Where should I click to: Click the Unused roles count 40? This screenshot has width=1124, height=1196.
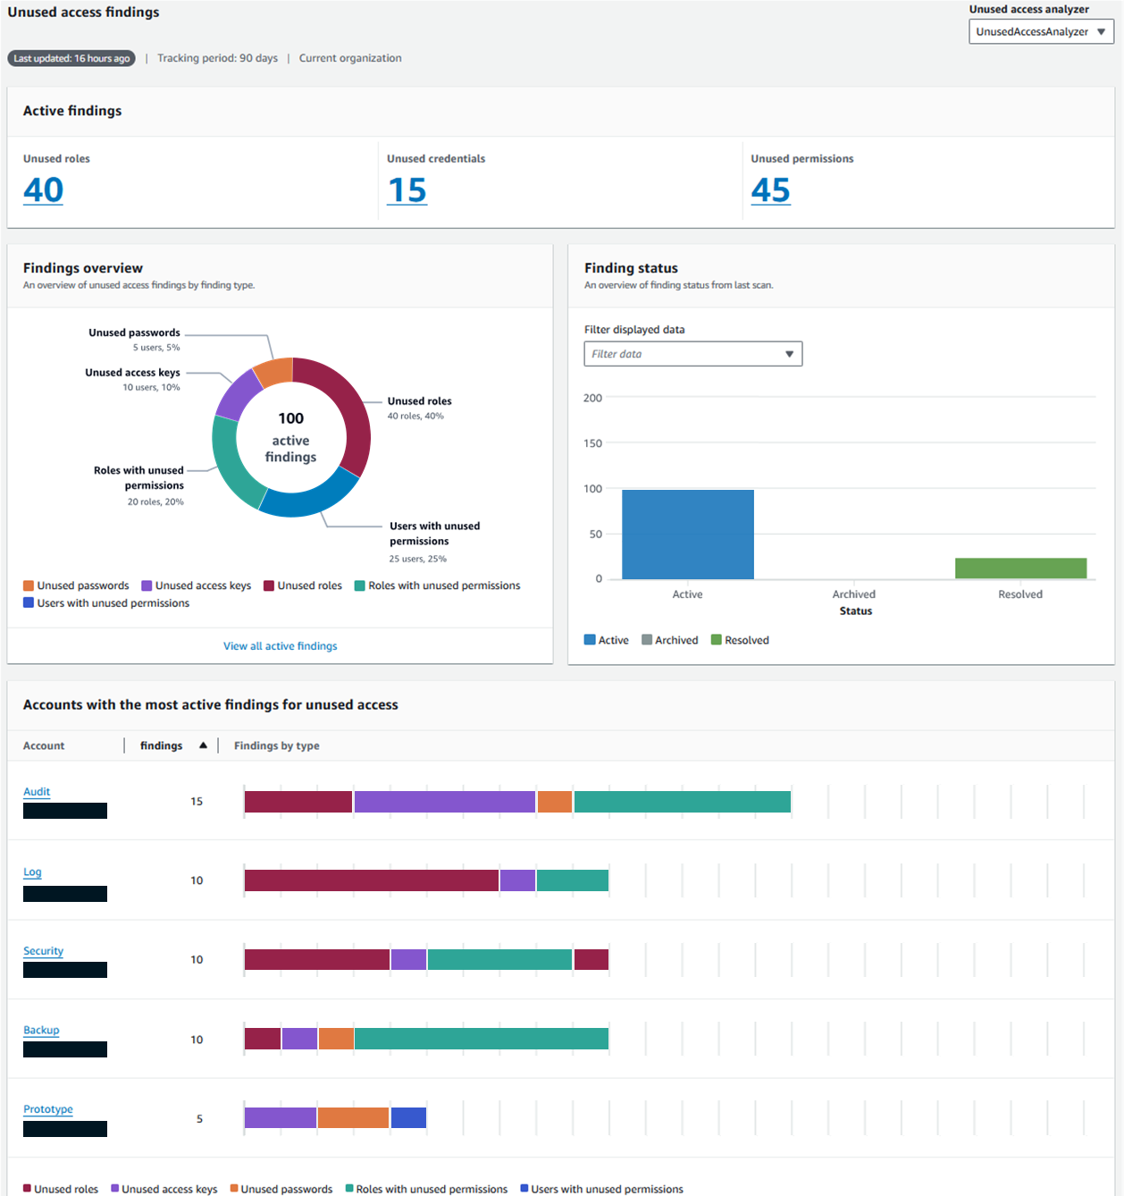[43, 190]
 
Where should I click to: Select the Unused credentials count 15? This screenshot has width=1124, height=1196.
[407, 190]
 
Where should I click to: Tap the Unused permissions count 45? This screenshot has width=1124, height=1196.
[770, 190]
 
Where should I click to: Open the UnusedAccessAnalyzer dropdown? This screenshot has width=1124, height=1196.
[1041, 31]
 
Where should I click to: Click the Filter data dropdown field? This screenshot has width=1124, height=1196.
[692, 354]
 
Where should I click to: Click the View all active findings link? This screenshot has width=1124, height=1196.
[280, 646]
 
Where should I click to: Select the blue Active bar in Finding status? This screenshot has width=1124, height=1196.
[687, 534]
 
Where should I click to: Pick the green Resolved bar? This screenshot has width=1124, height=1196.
[1020, 568]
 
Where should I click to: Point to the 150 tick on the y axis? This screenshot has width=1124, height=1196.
[592, 443]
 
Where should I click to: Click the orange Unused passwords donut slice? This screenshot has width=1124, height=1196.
[274, 372]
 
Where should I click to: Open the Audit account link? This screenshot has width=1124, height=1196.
[37, 792]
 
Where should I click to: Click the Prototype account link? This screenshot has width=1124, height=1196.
[48, 1109]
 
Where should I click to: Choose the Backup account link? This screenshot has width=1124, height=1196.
[41, 1031]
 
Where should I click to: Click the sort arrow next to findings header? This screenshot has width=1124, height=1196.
[203, 745]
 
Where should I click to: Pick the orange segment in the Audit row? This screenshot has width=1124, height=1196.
[555, 802]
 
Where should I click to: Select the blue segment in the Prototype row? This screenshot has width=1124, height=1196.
[408, 1117]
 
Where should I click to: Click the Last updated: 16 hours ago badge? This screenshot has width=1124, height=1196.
[71, 58]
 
